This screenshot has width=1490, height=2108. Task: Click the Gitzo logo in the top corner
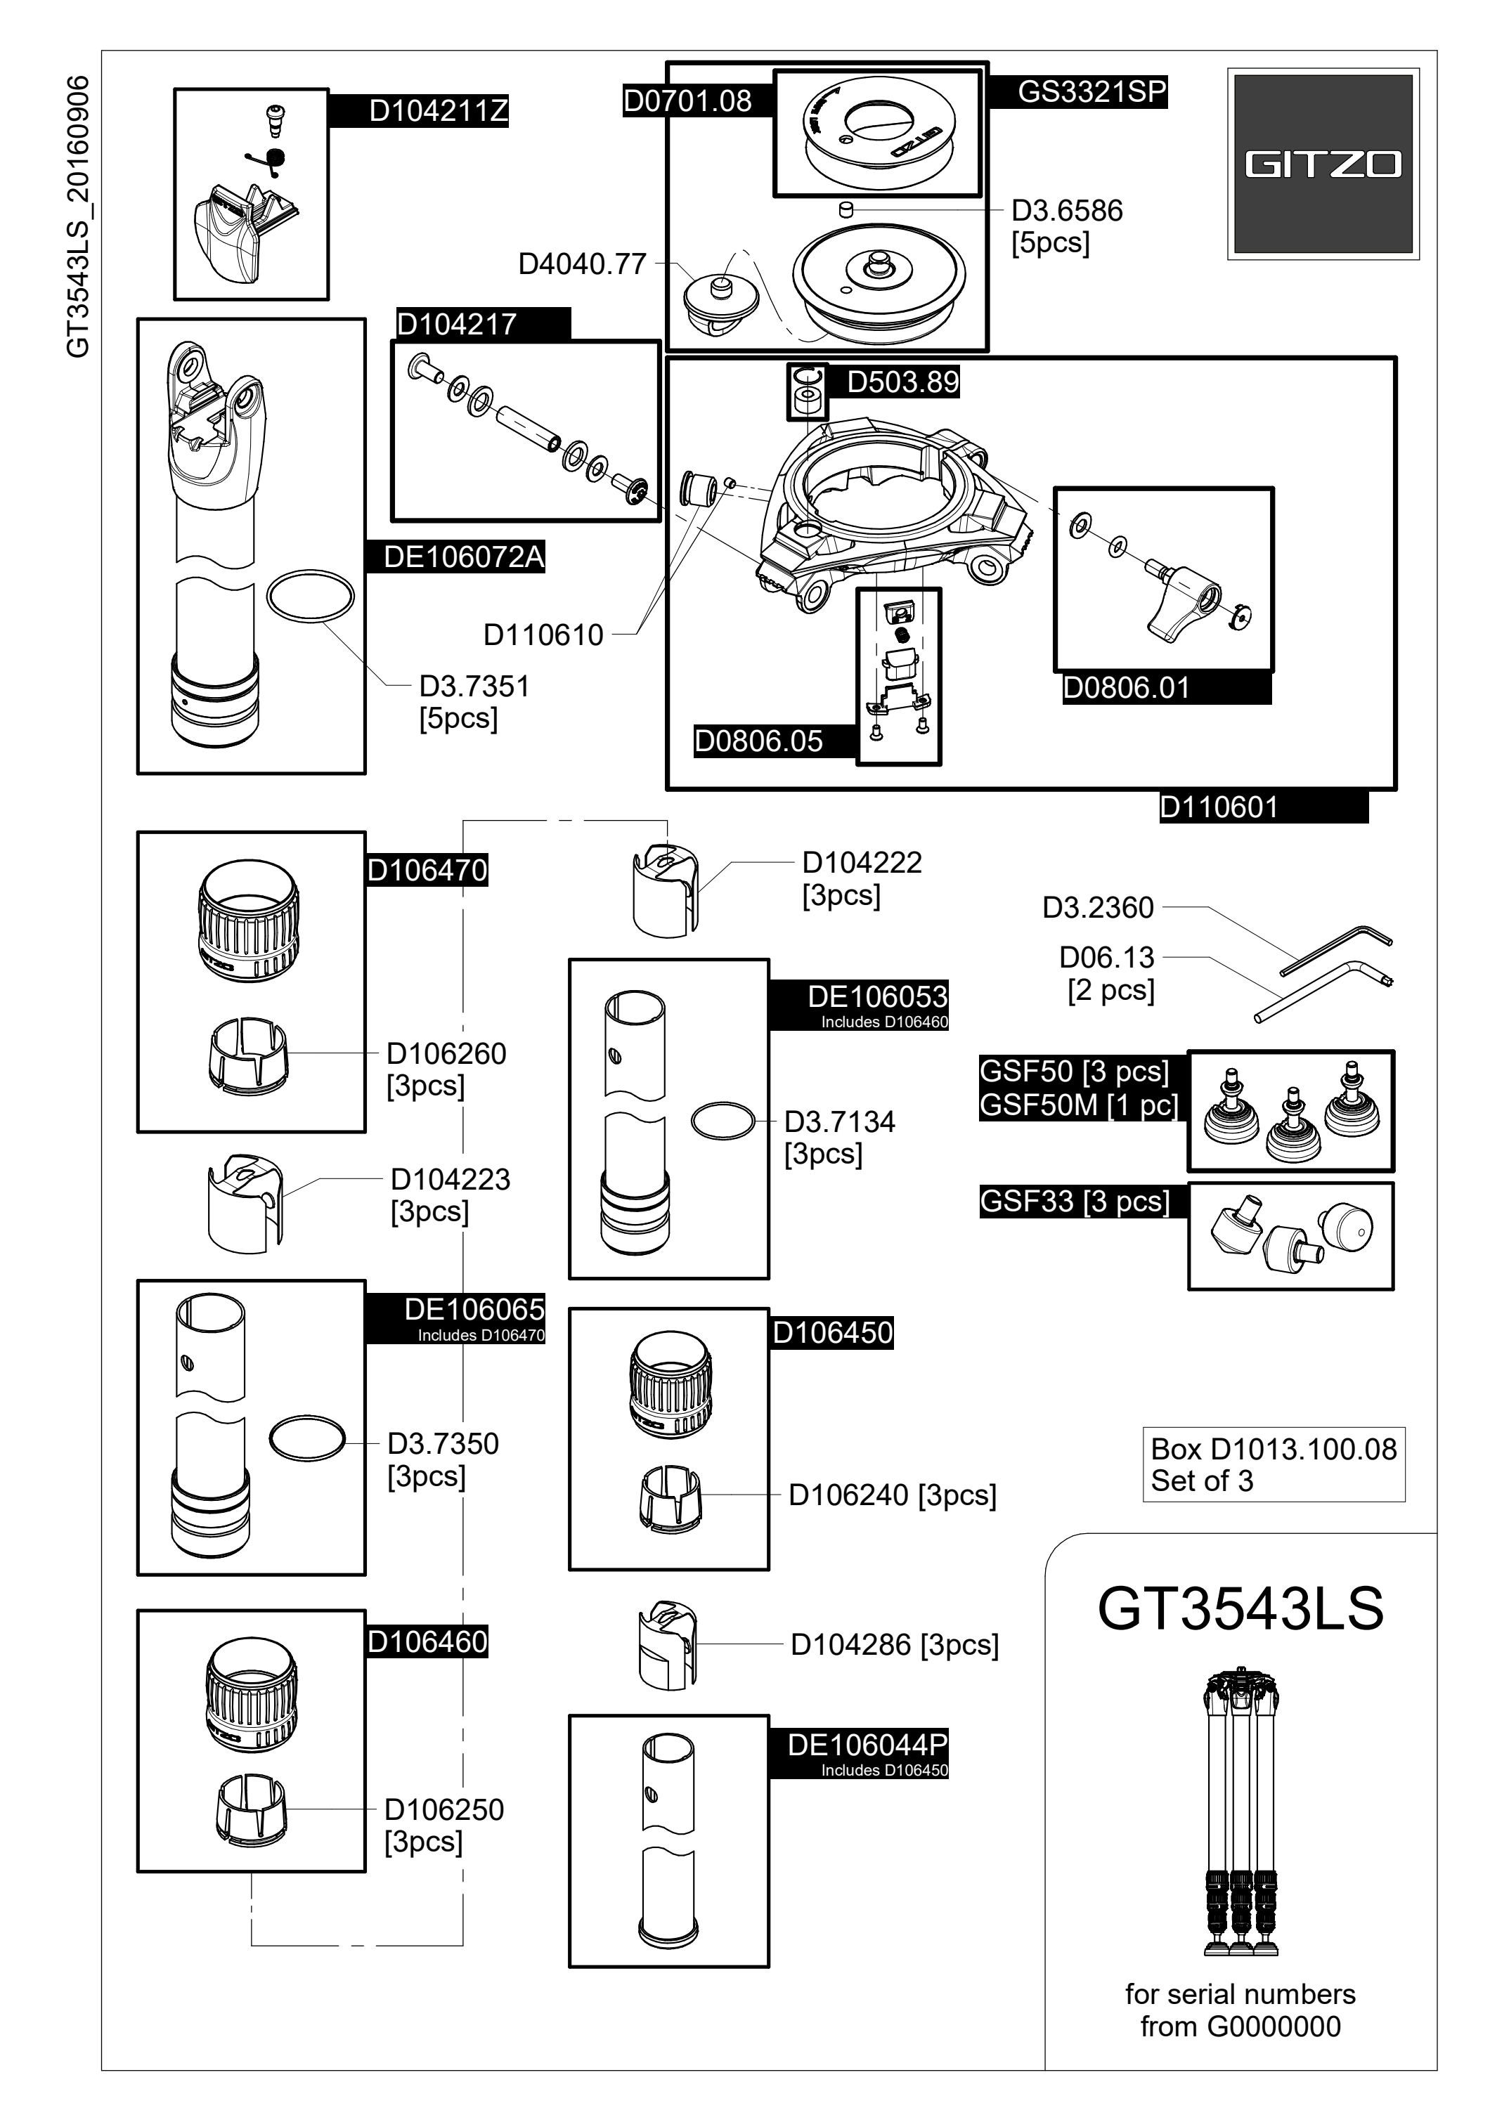(1322, 164)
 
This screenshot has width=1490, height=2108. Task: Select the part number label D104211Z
(438, 111)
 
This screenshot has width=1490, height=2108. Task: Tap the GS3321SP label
(1091, 92)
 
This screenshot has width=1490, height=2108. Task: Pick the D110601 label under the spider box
(1218, 807)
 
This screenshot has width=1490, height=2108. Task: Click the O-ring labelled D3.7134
(723, 1121)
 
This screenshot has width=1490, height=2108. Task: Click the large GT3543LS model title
(1240, 1633)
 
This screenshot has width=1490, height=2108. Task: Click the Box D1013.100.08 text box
(1274, 1464)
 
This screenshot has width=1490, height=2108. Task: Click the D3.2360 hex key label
(1097, 907)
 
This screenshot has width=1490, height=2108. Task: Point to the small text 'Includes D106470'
(481, 1335)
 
